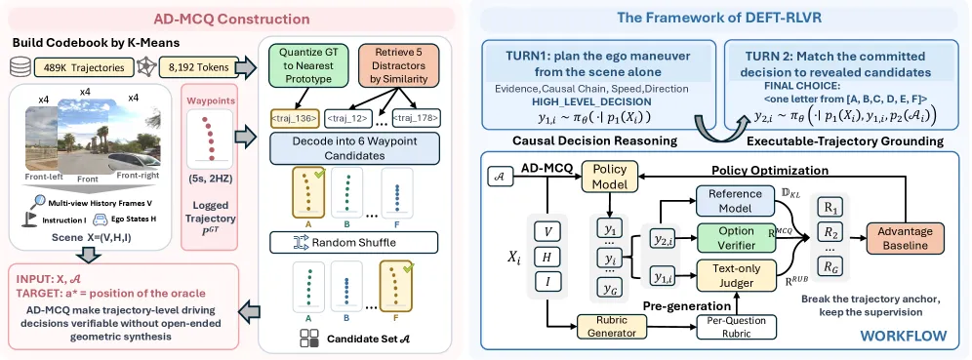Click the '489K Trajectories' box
(x=82, y=68)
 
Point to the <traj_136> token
(x=294, y=116)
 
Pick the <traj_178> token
(x=416, y=116)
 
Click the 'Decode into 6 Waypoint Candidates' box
(x=354, y=147)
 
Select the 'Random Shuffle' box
(x=354, y=242)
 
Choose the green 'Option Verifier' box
(x=737, y=238)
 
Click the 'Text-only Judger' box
(x=737, y=276)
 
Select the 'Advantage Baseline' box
(x=905, y=238)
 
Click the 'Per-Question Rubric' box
(x=736, y=327)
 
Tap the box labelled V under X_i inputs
(x=548, y=232)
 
